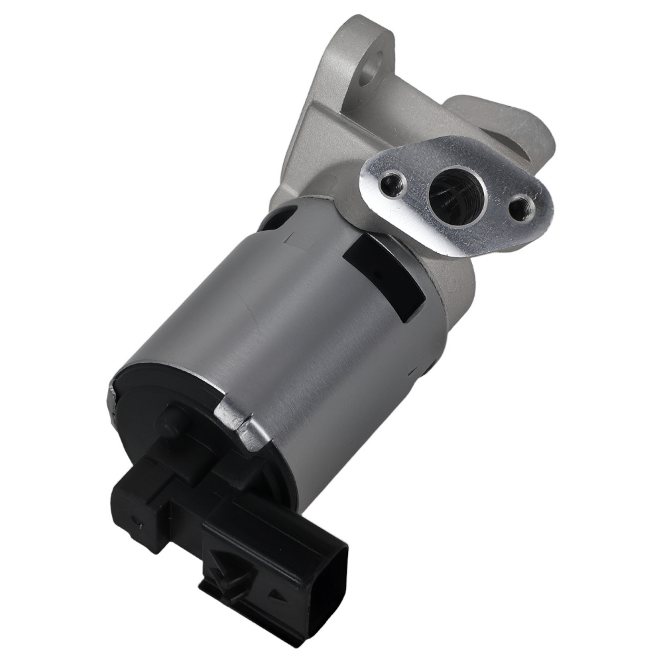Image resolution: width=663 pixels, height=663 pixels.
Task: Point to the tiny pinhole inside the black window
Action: [376, 272]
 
